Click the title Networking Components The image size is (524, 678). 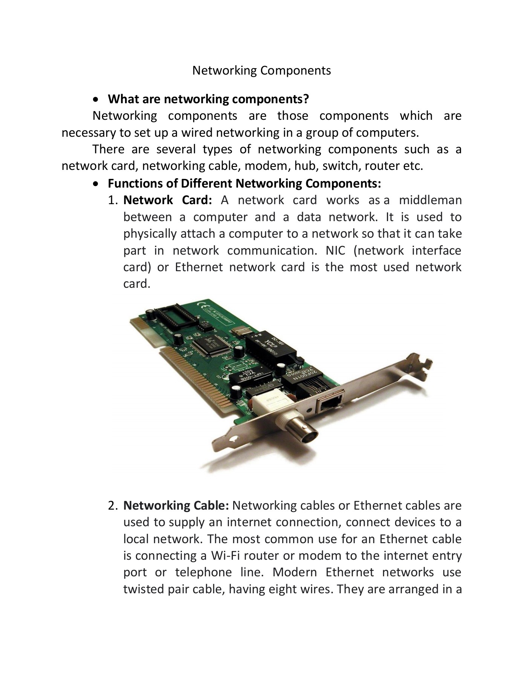pos(261,70)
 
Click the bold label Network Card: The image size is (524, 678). pos(168,200)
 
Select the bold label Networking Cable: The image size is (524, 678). pos(176,505)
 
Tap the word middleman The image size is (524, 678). pos(430,200)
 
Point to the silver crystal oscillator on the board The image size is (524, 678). pos(241,332)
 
